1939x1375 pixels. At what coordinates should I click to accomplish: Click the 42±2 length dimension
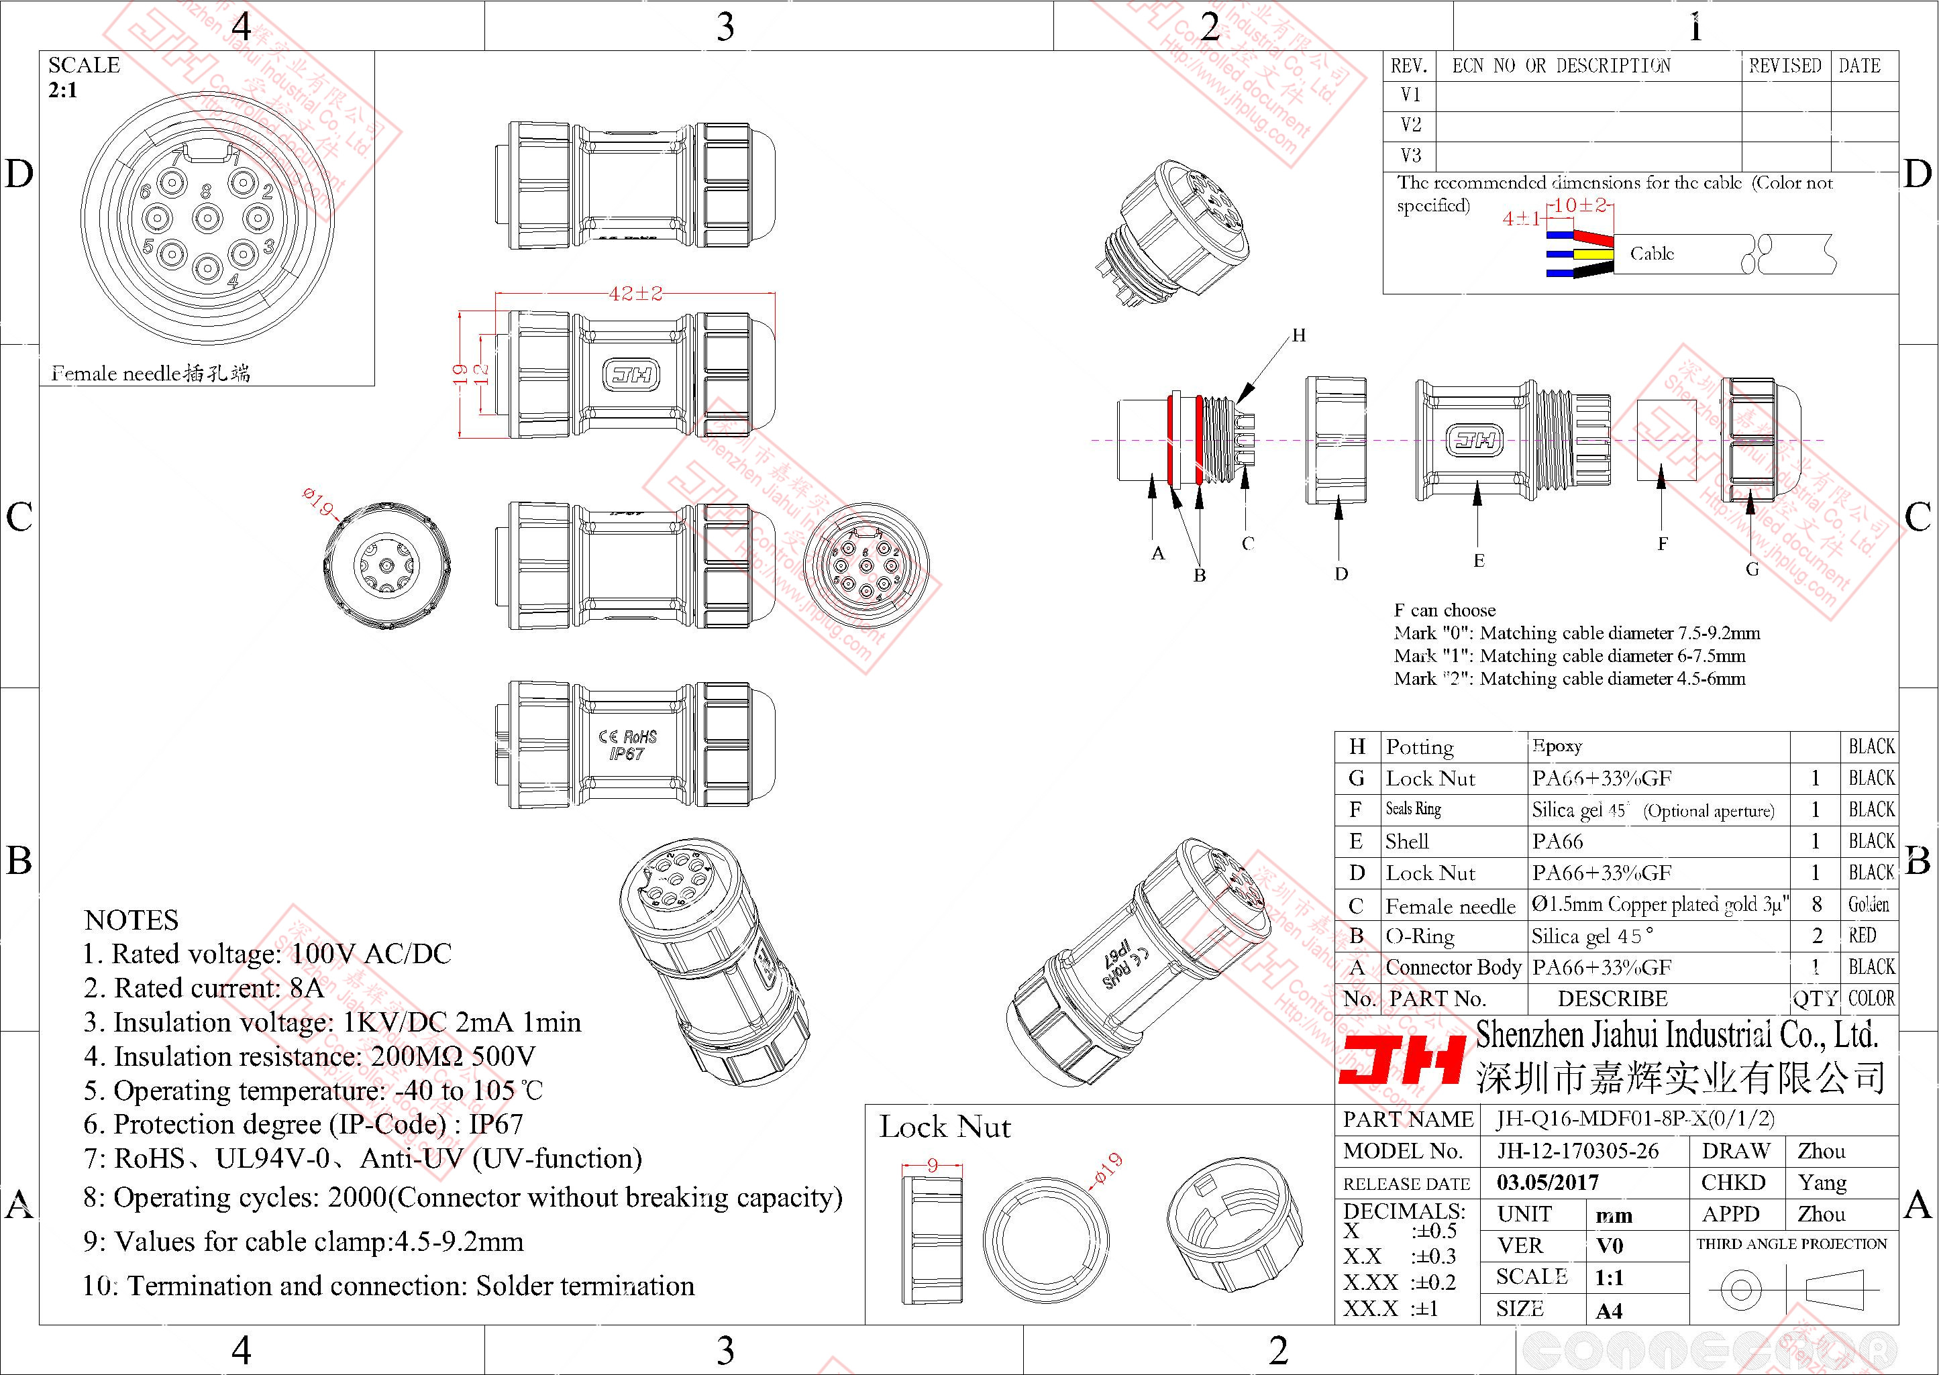tap(635, 294)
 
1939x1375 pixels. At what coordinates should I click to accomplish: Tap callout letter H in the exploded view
tap(1298, 335)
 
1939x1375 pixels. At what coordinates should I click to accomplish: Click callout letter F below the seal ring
tap(1662, 543)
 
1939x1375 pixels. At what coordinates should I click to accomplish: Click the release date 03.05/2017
tap(1548, 1182)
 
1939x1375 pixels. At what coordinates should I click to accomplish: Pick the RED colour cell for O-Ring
tap(1862, 936)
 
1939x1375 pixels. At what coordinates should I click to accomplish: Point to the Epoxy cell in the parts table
tap(1557, 746)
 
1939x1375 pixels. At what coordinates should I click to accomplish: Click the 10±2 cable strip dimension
tap(1580, 206)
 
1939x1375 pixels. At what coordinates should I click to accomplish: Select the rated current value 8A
tap(305, 988)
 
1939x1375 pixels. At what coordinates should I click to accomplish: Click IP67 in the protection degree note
tap(496, 1124)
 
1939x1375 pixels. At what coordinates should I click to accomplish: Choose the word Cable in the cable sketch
tap(1652, 253)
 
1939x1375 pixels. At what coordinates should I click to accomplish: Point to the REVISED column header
tap(1785, 66)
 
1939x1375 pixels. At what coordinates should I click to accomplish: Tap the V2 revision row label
tap(1411, 125)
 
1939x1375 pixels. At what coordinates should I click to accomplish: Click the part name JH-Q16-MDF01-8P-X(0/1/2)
tap(1635, 1119)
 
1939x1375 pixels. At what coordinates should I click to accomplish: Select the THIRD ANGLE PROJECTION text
tap(1791, 1244)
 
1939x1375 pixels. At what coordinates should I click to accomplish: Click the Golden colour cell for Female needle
tap(1869, 904)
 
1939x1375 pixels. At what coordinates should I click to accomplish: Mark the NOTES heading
tap(132, 920)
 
